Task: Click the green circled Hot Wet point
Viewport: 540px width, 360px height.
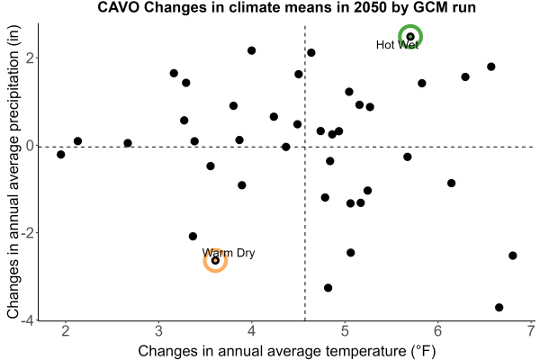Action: pyautogui.click(x=410, y=37)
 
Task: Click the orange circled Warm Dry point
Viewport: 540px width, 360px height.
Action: pyautogui.click(x=215, y=260)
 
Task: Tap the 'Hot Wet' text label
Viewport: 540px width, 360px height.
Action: pyautogui.click(x=397, y=45)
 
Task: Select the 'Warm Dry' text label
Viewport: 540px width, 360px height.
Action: pyautogui.click(x=229, y=253)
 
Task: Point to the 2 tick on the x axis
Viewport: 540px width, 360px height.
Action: pyautogui.click(x=66, y=331)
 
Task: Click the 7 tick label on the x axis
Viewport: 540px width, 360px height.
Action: pyautogui.click(x=531, y=331)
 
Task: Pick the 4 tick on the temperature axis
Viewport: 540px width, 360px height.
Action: pyautogui.click(x=252, y=331)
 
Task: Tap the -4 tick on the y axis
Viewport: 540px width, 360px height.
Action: pyautogui.click(x=28, y=320)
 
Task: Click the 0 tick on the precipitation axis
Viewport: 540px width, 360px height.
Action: pyautogui.click(x=31, y=146)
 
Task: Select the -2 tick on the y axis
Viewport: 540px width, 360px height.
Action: pyautogui.click(x=28, y=233)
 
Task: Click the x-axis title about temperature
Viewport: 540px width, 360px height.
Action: pyautogui.click(x=287, y=351)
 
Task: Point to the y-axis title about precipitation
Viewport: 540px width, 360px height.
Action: pyautogui.click(x=13, y=172)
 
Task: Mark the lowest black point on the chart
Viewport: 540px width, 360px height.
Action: pyautogui.click(x=499, y=307)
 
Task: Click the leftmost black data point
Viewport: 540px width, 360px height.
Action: pyautogui.click(x=61, y=154)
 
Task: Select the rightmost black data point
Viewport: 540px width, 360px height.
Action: pyautogui.click(x=513, y=256)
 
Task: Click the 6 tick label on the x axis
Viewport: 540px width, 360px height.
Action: pyautogui.click(x=438, y=331)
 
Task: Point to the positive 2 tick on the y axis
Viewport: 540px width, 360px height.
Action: pyautogui.click(x=31, y=58)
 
